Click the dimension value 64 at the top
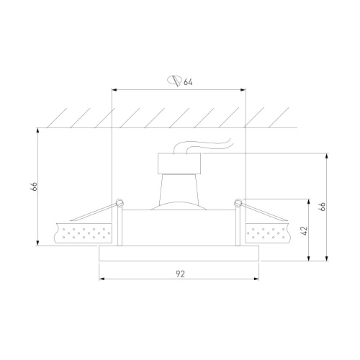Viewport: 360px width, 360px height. (x=188, y=82)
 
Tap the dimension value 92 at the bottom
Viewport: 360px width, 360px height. (x=180, y=274)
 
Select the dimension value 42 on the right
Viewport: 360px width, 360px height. (x=304, y=230)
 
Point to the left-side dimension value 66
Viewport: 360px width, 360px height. (x=35, y=186)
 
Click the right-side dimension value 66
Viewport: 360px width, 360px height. (x=323, y=206)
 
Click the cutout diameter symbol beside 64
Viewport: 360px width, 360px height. (x=175, y=81)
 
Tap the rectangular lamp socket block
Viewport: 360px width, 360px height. (x=179, y=163)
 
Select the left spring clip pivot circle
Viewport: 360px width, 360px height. (x=120, y=203)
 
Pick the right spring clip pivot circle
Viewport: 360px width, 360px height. (x=238, y=203)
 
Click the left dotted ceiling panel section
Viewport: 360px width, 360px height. (x=84, y=233)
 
